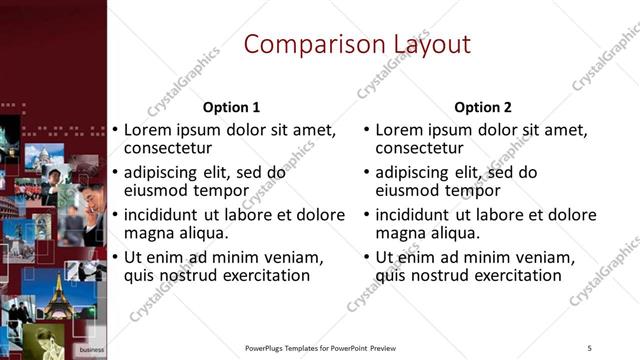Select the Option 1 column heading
(x=231, y=107)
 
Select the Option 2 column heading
(x=482, y=107)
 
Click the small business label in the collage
(x=91, y=350)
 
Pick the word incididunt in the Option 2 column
(x=416, y=215)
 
